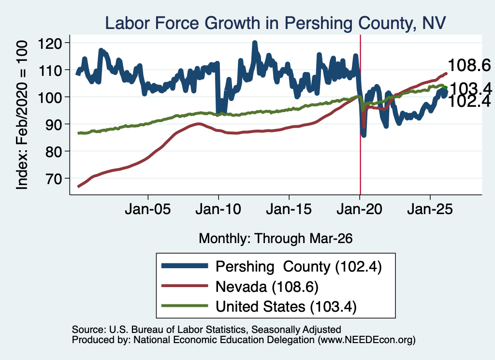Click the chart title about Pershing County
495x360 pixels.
[x=275, y=23]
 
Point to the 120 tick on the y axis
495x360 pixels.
[x=50, y=43]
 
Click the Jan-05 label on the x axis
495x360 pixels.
[x=148, y=209]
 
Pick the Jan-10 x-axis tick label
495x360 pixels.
[x=218, y=209]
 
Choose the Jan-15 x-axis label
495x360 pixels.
[x=289, y=209]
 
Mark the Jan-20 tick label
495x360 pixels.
[x=359, y=209]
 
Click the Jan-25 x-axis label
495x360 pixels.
[x=430, y=209]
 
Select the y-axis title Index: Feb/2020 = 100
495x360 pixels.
[x=22, y=115]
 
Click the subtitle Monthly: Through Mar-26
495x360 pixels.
[x=276, y=239]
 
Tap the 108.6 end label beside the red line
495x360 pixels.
[x=469, y=66]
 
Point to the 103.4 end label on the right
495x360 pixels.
[x=470, y=88]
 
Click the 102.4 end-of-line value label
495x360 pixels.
[x=469, y=101]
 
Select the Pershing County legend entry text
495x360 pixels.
[x=299, y=267]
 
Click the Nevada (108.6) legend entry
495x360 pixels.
[x=267, y=287]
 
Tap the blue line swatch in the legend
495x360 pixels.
[x=185, y=266]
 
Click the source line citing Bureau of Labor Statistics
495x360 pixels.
[x=206, y=330]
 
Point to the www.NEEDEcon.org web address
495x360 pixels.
[x=366, y=340]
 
